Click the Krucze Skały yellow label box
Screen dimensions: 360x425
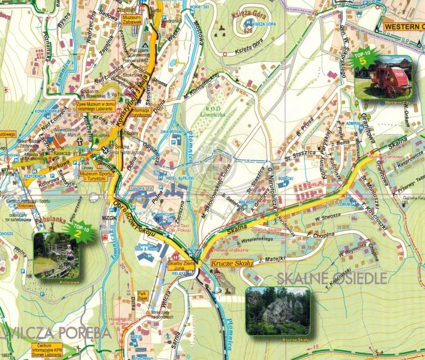pyautogui.click(x=232, y=264)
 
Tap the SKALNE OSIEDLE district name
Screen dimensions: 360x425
pyautogui.click(x=331, y=278)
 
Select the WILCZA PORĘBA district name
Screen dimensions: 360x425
pyautogui.click(x=57, y=333)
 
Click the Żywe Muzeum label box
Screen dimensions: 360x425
pyautogui.click(x=97, y=107)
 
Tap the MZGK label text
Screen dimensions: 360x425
pyautogui.click(x=110, y=217)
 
